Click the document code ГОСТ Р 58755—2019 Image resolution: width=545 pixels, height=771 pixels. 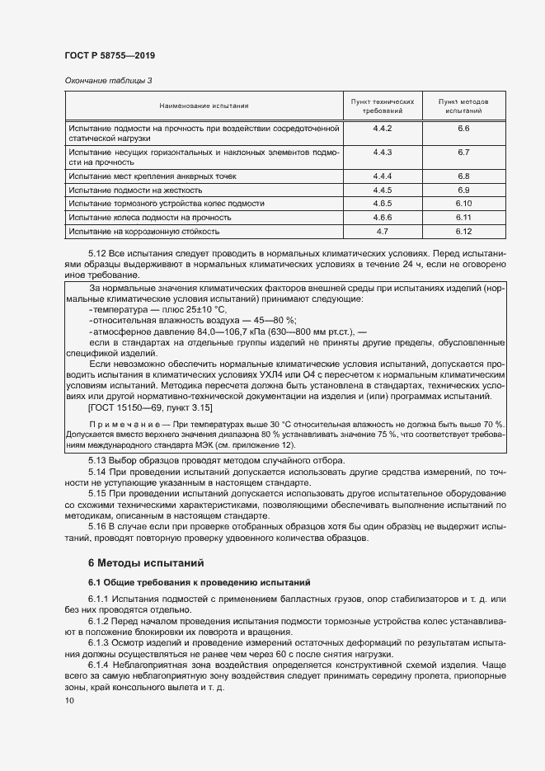(x=110, y=55)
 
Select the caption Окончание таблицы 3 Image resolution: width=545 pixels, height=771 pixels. (x=108, y=80)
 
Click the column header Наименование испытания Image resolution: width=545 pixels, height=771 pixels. (x=204, y=106)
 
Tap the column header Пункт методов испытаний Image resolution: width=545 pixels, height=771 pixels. (x=463, y=106)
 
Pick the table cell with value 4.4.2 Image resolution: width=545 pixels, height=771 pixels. (x=382, y=129)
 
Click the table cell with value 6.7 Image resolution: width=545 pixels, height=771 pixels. (x=463, y=153)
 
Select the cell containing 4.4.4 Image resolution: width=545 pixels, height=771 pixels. (x=382, y=176)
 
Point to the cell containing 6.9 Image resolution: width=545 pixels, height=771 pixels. (x=463, y=190)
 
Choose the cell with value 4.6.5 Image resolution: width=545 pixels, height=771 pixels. (x=382, y=204)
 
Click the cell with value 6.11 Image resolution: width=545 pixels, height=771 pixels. (x=463, y=218)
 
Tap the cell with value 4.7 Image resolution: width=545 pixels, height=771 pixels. (x=382, y=232)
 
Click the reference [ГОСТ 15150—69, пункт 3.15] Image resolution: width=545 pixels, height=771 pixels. (x=150, y=407)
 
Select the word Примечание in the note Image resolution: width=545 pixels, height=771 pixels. (x=123, y=425)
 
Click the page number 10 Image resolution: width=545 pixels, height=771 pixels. (x=69, y=701)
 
